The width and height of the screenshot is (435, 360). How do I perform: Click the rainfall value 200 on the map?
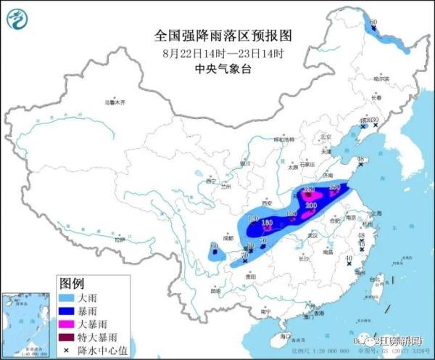[311, 206]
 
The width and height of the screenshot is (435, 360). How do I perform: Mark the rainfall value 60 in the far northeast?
[373, 23]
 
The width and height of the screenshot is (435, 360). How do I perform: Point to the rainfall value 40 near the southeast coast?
[348, 258]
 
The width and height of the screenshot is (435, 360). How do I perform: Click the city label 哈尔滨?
[381, 78]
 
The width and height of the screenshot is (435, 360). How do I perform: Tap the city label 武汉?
[312, 236]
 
